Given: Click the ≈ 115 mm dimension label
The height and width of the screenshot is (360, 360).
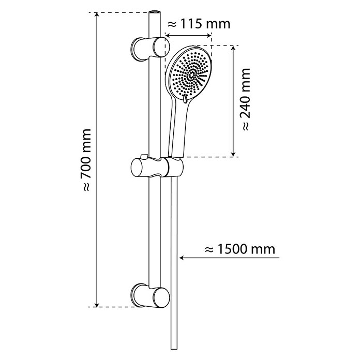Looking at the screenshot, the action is [199, 24].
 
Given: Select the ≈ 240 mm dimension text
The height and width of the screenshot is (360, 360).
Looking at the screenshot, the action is [246, 99].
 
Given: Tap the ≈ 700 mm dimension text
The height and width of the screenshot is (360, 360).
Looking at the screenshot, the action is [86, 160].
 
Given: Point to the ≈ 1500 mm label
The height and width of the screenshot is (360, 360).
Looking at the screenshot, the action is [239, 249].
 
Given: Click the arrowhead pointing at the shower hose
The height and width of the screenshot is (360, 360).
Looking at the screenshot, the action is [182, 258].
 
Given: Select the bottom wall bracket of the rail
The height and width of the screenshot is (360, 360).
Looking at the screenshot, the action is [150, 295].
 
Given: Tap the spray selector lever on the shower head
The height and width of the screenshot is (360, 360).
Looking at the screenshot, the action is [185, 98].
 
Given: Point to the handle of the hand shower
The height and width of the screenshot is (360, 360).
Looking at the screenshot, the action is [177, 131].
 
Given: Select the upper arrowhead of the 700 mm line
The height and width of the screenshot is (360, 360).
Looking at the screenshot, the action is [97, 15].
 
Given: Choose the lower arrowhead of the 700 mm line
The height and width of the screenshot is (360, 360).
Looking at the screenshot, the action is [97, 304].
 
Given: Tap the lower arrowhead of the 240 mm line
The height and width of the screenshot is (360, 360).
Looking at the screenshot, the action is [233, 154].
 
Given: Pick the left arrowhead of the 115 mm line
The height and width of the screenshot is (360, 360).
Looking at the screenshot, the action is [168, 35].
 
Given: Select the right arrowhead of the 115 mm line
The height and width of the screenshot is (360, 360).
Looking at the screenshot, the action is [208, 35].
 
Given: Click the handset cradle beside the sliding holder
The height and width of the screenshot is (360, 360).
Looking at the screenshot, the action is [175, 168].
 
